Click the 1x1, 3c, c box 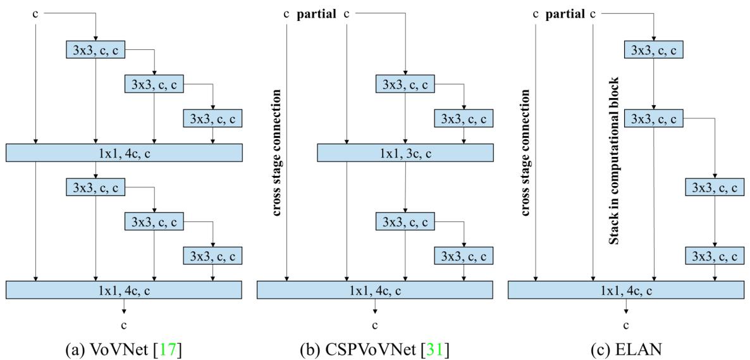[405, 152]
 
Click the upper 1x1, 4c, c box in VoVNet [124, 152]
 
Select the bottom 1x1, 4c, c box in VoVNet [124, 289]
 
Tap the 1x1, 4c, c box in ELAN [626, 289]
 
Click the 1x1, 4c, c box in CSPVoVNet [375, 289]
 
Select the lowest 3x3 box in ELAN [715, 256]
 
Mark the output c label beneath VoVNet [124, 325]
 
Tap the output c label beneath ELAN [626, 325]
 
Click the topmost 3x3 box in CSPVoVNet [405, 84]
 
